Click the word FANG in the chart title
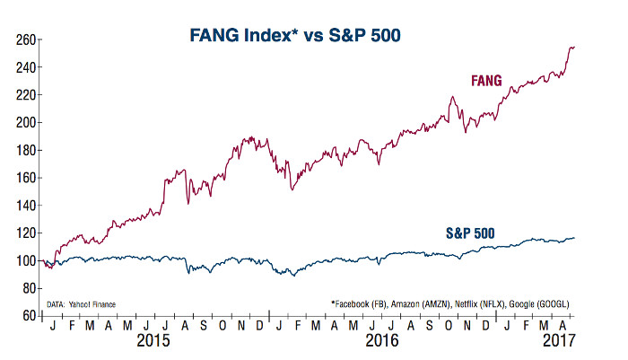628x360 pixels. coord(217,36)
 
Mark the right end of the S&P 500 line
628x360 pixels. coord(574,238)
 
